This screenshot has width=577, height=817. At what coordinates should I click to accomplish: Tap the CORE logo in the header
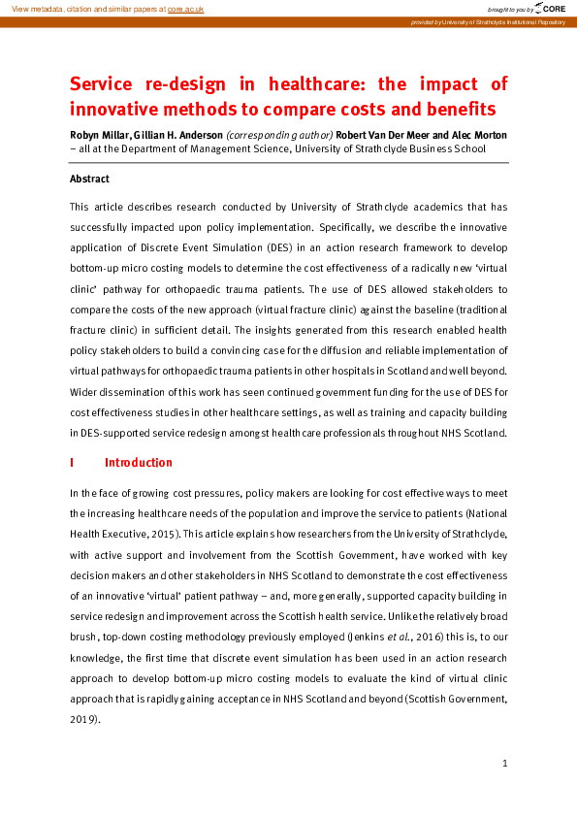click(x=544, y=8)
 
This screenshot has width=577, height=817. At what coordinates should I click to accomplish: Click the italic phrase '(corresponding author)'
click(x=279, y=135)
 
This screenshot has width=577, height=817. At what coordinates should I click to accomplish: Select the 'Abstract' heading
click(x=89, y=179)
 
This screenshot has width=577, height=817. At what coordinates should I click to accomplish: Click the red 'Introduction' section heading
click(x=139, y=462)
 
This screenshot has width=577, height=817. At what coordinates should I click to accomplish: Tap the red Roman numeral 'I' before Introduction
click(x=72, y=462)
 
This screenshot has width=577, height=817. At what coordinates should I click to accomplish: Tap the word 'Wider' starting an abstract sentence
click(x=85, y=392)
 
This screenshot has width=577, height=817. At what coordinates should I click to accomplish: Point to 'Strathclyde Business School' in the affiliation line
click(x=425, y=149)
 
